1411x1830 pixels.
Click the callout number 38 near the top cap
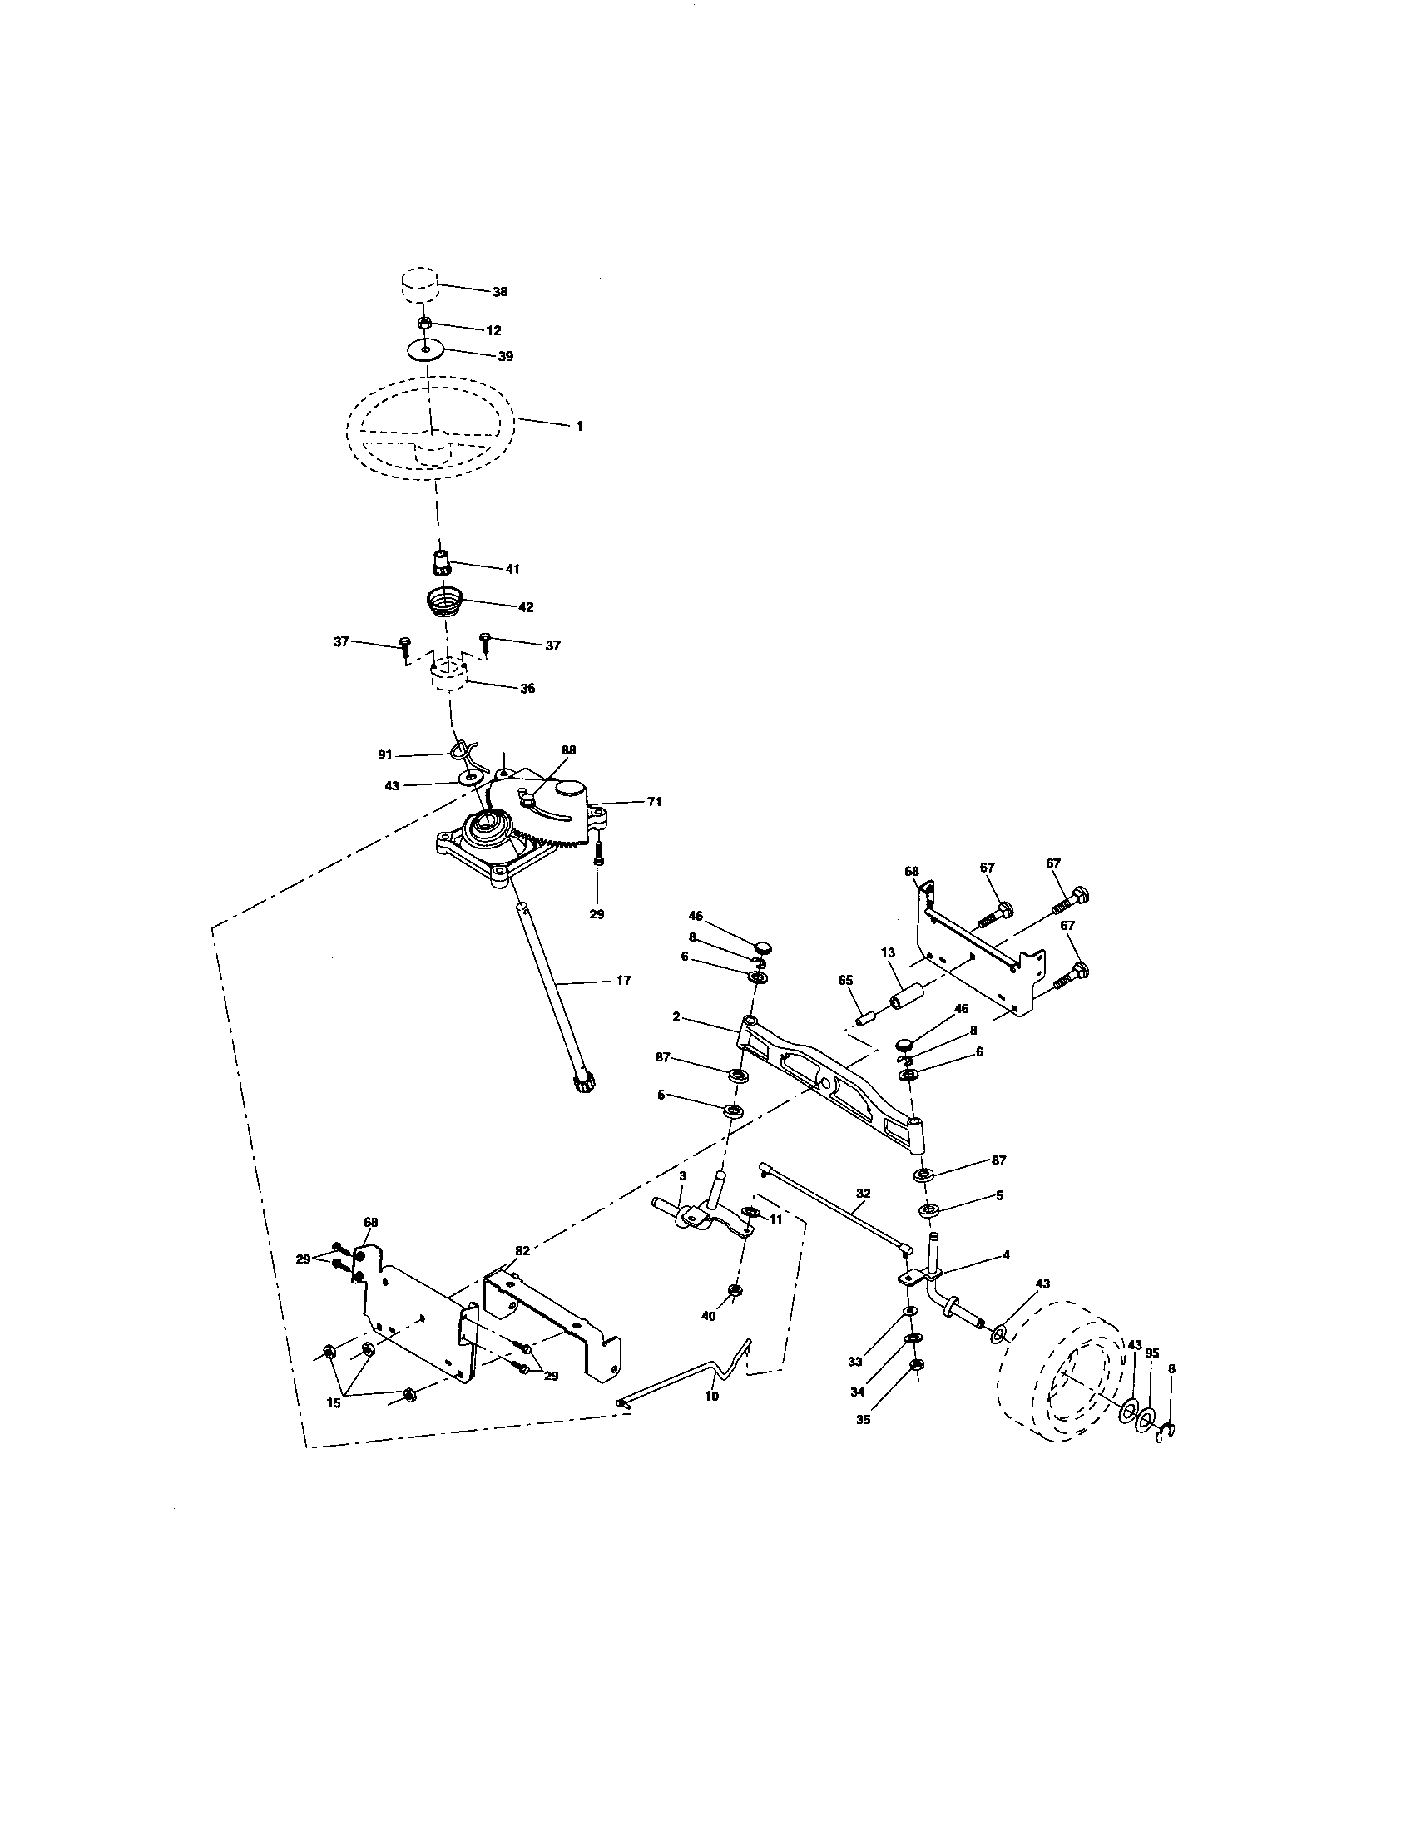point(499,292)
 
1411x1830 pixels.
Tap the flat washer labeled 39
point(426,348)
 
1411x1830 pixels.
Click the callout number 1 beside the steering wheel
point(578,426)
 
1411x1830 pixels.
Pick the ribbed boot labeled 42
point(444,601)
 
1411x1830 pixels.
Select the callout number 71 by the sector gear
point(654,802)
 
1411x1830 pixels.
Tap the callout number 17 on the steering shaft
point(622,980)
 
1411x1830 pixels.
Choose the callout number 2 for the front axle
point(676,1016)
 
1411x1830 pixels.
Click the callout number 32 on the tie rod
point(864,1193)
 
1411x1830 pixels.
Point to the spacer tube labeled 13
point(908,999)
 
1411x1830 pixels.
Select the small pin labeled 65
point(865,1016)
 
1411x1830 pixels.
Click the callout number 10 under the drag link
point(711,1396)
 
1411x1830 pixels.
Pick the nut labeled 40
point(734,1314)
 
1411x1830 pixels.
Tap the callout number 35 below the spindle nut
point(864,1419)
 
